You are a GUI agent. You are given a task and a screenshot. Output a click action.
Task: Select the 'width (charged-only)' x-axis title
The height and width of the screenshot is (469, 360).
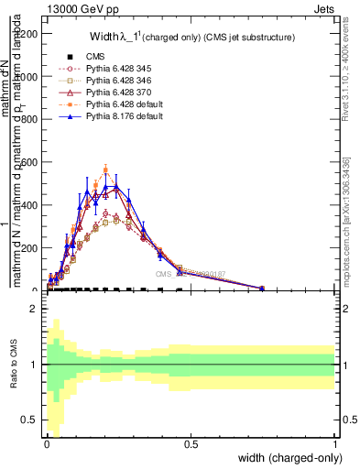point(289,459)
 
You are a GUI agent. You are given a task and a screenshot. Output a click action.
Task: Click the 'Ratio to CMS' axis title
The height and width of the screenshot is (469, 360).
point(12,365)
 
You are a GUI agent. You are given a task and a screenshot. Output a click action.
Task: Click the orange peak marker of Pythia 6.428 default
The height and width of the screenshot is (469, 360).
point(106,170)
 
